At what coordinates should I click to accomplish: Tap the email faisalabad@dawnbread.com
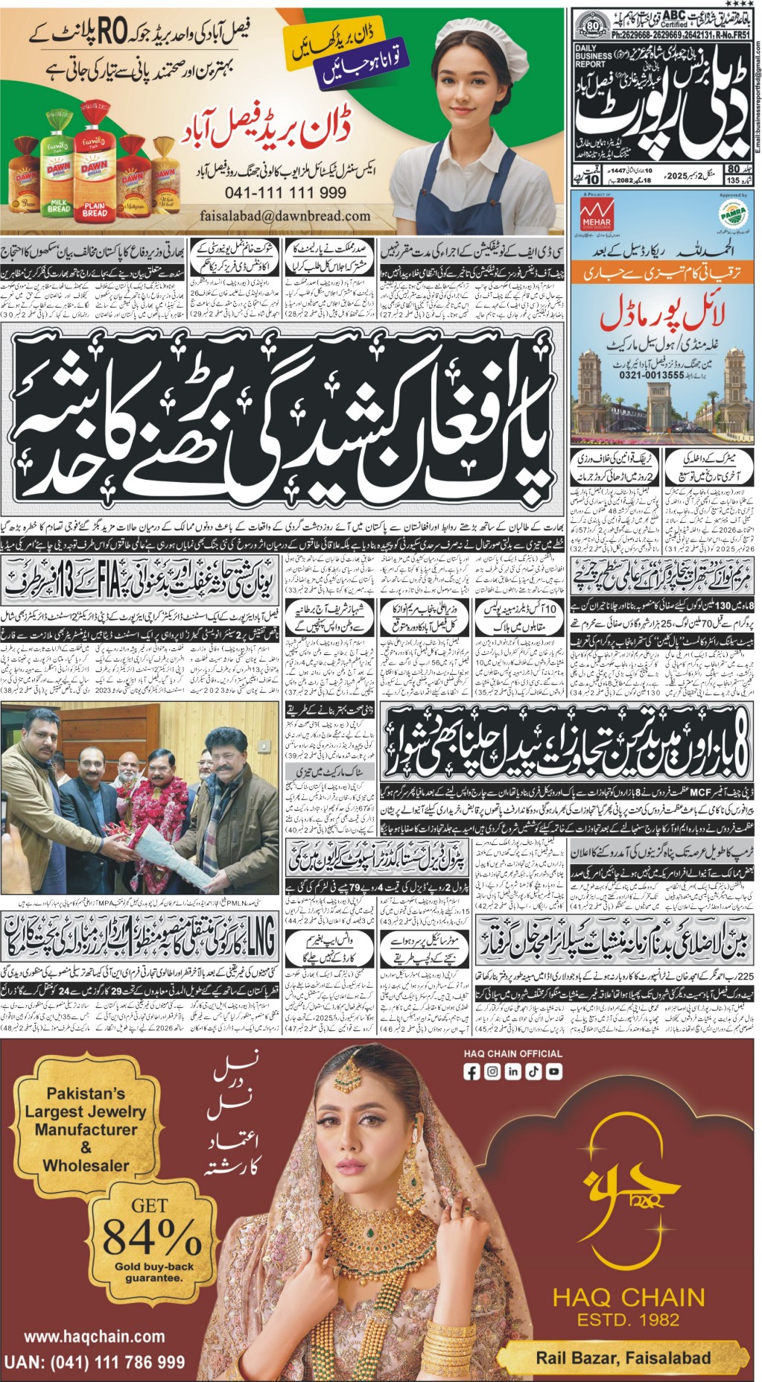coord(285,215)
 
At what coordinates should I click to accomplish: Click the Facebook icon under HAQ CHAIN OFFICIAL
coord(472,1072)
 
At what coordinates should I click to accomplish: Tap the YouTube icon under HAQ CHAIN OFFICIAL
coord(553,1072)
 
